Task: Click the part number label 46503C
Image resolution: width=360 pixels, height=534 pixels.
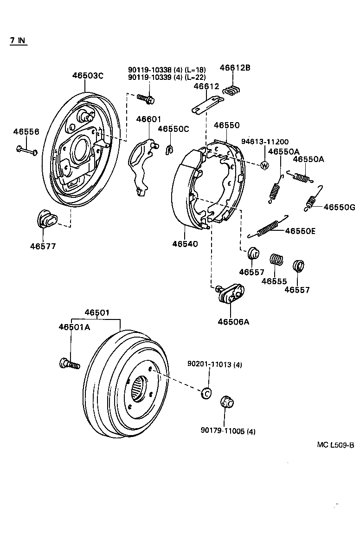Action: (87, 76)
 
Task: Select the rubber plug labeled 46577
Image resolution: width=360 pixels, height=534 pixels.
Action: (45, 221)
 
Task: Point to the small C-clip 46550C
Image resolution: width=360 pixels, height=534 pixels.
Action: (169, 148)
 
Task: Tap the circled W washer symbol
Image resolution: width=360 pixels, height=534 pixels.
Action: (265, 165)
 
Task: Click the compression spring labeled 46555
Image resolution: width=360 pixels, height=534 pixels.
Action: (277, 260)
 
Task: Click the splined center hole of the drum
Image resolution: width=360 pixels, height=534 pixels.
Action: (138, 388)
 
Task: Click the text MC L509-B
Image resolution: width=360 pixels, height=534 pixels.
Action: (335, 444)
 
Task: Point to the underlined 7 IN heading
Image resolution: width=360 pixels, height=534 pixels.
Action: (18, 40)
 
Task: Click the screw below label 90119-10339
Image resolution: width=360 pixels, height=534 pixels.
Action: (146, 98)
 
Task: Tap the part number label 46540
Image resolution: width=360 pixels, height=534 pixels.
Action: (185, 243)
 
